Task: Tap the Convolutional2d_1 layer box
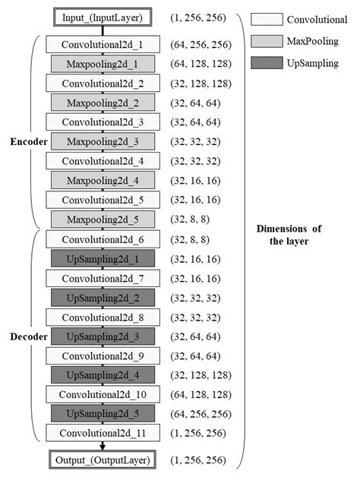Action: (100, 44)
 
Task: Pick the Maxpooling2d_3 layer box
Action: (100, 141)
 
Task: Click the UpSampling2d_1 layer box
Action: (100, 257)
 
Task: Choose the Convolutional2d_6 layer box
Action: (100, 238)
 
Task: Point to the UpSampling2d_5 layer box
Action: (100, 413)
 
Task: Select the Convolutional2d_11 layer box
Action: (100, 433)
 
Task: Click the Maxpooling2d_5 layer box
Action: (100, 219)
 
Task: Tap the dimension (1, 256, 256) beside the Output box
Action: (197, 460)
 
